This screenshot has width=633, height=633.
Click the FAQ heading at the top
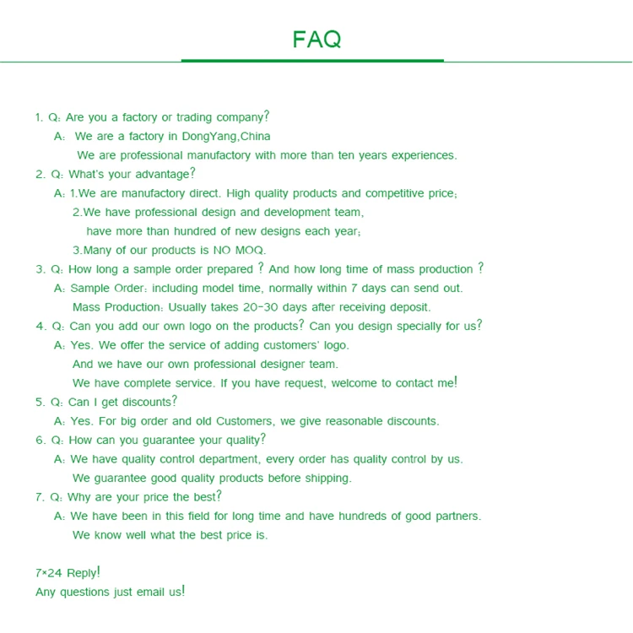click(x=316, y=39)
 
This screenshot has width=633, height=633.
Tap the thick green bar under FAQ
click(x=312, y=61)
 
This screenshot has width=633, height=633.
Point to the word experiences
click(x=420, y=155)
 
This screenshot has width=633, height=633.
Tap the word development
click(x=307, y=213)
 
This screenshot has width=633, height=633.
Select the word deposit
click(x=408, y=307)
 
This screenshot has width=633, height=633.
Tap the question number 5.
click(x=40, y=403)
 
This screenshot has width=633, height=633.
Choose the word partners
click(x=457, y=517)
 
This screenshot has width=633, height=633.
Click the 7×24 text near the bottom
click(x=49, y=573)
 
